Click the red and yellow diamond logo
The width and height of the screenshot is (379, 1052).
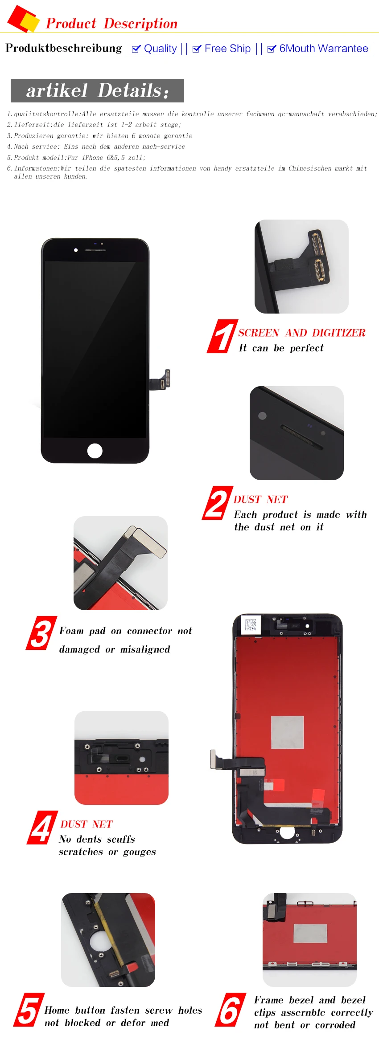pyautogui.click(x=23, y=19)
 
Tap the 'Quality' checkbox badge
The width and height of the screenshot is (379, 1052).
pyautogui.click(x=154, y=49)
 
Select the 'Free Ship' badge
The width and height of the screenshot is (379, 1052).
pyautogui.click(x=222, y=49)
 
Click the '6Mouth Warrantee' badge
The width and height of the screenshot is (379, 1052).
pyautogui.click(x=317, y=49)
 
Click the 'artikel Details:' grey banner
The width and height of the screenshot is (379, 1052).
pyautogui.click(x=97, y=90)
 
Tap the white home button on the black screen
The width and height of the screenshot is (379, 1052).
pyautogui.click(x=95, y=451)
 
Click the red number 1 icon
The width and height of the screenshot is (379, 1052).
pyautogui.click(x=222, y=336)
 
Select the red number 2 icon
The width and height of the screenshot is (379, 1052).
pyautogui.click(x=217, y=503)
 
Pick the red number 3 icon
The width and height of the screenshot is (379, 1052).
pyautogui.click(x=41, y=633)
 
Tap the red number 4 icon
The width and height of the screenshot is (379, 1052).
pyautogui.click(x=42, y=828)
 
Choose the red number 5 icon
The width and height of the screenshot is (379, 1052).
pyautogui.click(x=29, y=1010)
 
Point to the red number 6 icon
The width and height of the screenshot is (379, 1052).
pyautogui.click(x=231, y=1010)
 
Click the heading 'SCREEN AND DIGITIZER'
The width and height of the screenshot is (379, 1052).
pyautogui.click(x=302, y=333)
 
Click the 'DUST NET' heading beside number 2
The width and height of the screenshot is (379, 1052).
pyautogui.click(x=261, y=500)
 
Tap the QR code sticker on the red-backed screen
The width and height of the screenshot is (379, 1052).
pyautogui.click(x=251, y=624)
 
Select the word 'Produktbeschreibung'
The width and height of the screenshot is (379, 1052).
pyautogui.click(x=64, y=48)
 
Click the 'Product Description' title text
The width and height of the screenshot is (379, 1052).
pyautogui.click(x=112, y=23)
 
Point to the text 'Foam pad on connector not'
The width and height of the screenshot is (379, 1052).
pyautogui.click(x=126, y=631)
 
